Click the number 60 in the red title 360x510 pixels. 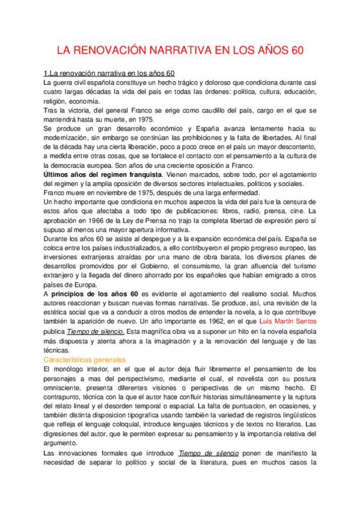pos(296,52)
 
